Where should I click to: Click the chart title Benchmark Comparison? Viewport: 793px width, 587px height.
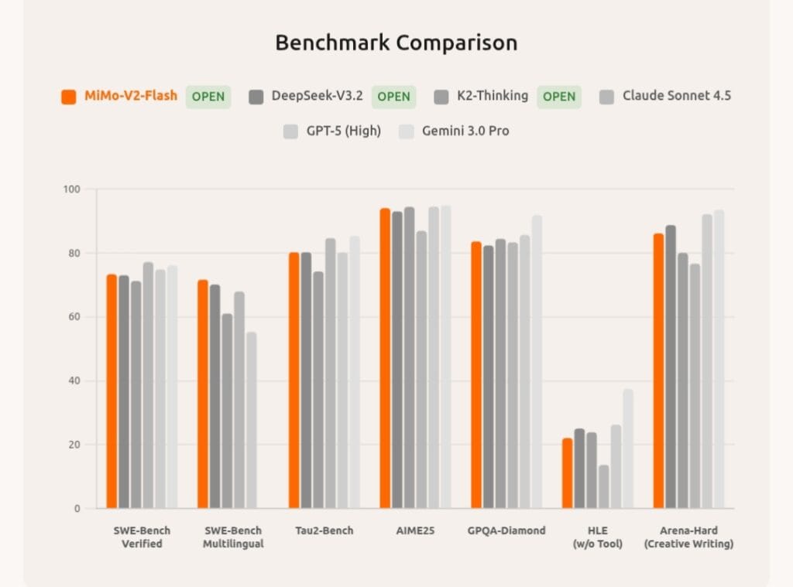tap(396, 43)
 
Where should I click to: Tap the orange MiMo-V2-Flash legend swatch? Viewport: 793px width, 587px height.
tap(69, 97)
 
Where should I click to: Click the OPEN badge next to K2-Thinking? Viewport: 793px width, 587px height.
tap(558, 97)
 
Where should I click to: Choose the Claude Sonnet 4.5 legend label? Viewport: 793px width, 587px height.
tap(676, 97)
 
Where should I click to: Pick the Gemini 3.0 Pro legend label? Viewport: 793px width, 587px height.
tap(465, 131)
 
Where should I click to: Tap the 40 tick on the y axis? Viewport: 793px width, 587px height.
tap(77, 381)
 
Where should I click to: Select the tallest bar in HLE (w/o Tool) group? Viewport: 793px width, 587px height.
tap(627, 449)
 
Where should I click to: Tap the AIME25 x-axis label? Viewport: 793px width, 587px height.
tap(414, 531)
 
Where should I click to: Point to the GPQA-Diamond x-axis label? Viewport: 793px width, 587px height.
tap(506, 531)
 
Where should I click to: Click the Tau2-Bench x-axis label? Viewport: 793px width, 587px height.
tap(324, 531)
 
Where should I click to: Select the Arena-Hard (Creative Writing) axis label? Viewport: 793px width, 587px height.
tap(688, 537)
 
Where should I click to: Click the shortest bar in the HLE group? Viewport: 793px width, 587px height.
tap(603, 486)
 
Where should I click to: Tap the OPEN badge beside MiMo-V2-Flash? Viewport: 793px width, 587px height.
tap(208, 97)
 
